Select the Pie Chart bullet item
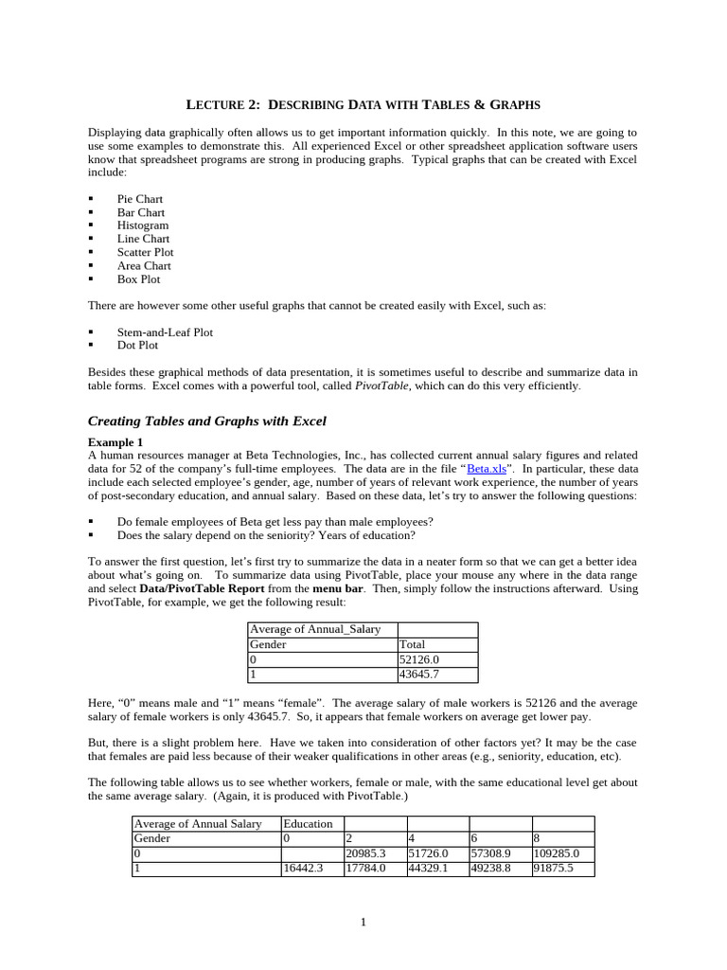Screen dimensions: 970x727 pyautogui.click(x=139, y=199)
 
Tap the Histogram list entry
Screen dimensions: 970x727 pyautogui.click(x=142, y=225)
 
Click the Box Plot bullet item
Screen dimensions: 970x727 pyautogui.click(x=138, y=279)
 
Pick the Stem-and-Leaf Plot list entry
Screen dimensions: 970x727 pyautogui.click(x=165, y=332)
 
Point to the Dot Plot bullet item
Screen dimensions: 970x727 pyautogui.click(x=137, y=346)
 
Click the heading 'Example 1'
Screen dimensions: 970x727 pyautogui.click(x=115, y=442)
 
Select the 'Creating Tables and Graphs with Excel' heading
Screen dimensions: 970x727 pyautogui.click(x=206, y=421)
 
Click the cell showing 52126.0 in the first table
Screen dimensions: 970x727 pyautogui.click(x=419, y=660)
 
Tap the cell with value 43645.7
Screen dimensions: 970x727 pyautogui.click(x=419, y=675)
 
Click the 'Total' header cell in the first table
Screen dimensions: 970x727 pyautogui.click(x=413, y=645)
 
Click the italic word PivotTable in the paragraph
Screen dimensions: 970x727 pyautogui.click(x=382, y=386)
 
